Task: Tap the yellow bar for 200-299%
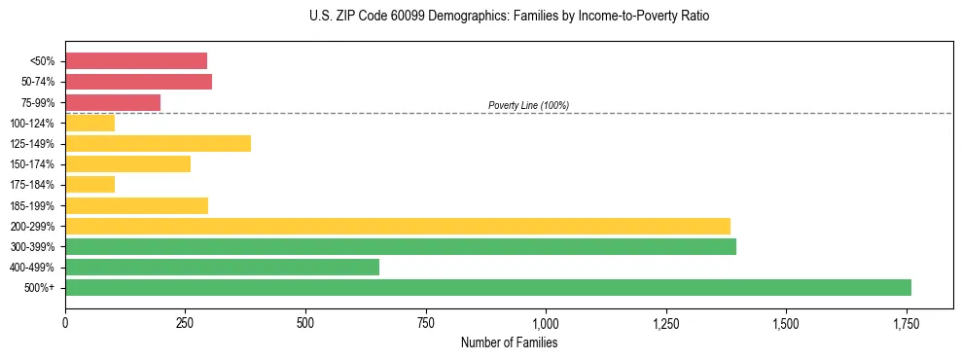(x=398, y=226)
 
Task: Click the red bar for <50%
(x=136, y=61)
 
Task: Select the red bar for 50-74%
(x=138, y=82)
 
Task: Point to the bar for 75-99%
(x=113, y=102)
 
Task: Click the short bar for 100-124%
(x=89, y=123)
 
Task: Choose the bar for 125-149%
(x=158, y=143)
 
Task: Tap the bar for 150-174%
(x=127, y=163)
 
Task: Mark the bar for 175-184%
(x=89, y=184)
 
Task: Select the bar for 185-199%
(x=136, y=205)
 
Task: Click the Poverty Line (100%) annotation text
(x=528, y=105)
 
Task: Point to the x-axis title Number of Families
(x=510, y=342)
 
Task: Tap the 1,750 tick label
(x=906, y=323)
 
